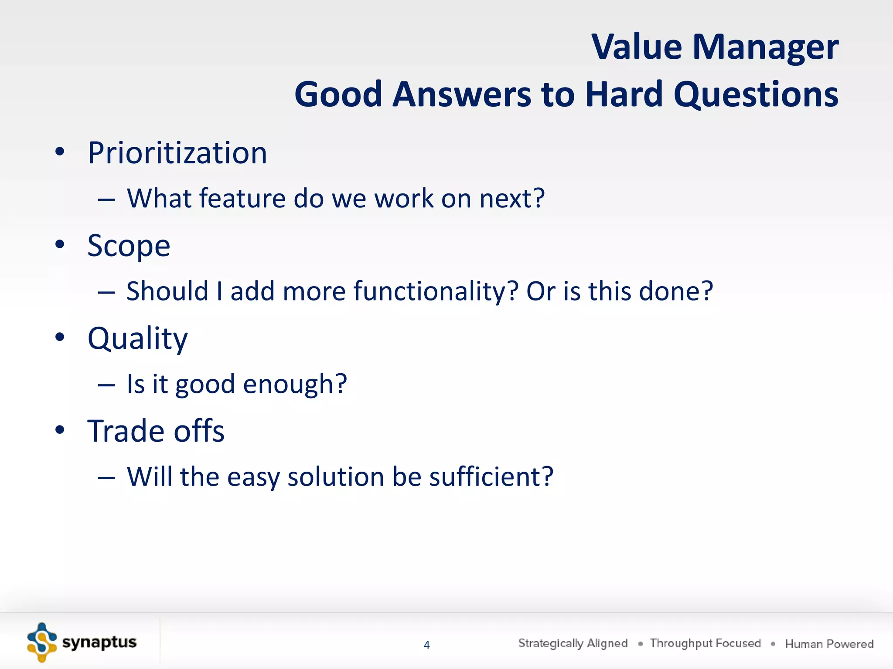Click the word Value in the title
637,47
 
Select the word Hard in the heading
624,94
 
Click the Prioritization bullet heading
177,153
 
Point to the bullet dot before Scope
60,244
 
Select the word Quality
137,339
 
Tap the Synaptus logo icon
42,642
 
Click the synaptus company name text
99,642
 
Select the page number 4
427,645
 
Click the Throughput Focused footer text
705,643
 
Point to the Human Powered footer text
829,644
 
